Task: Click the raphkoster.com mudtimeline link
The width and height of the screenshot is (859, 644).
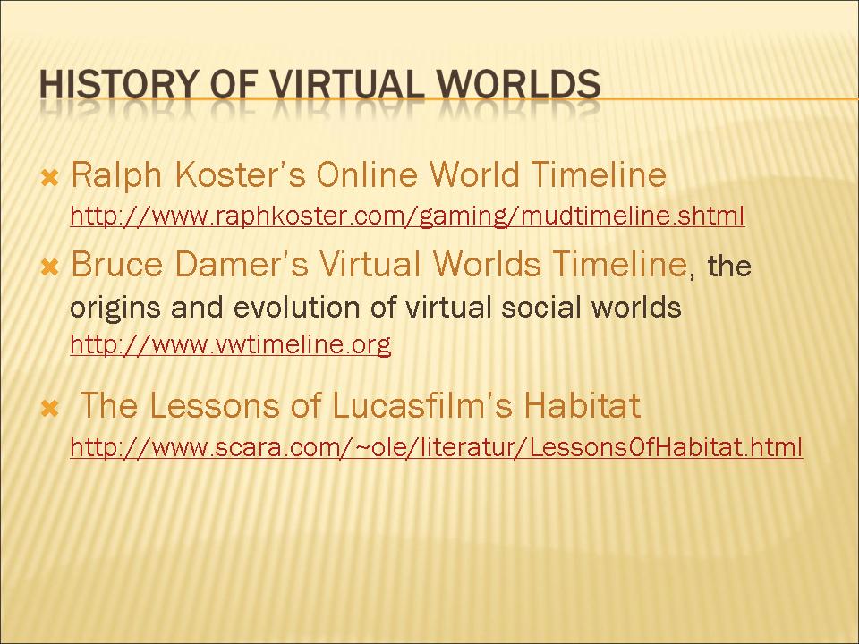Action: click(407, 216)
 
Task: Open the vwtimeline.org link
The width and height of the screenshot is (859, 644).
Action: click(231, 344)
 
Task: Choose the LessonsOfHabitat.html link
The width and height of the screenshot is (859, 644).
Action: click(436, 447)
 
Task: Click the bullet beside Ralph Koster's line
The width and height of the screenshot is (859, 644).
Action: click(50, 178)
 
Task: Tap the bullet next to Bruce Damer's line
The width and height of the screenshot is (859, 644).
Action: click(50, 267)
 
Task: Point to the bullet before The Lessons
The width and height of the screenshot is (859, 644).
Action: click(50, 408)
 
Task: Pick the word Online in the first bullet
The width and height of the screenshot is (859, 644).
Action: click(367, 174)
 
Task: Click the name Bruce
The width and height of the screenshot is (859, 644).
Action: click(116, 264)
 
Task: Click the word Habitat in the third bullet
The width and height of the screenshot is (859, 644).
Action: click(583, 405)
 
